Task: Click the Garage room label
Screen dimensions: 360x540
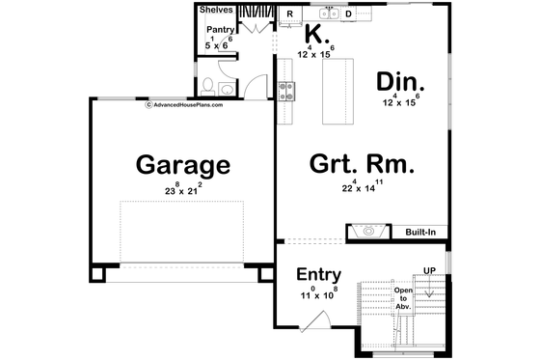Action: [182, 164]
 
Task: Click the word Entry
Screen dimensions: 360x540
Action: [319, 275]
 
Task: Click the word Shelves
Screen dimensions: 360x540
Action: [216, 10]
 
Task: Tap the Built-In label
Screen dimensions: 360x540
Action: [420, 233]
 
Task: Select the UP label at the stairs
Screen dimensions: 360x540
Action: [431, 269]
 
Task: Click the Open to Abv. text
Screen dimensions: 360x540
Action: [402, 298]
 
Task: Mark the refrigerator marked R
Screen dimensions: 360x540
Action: [289, 13]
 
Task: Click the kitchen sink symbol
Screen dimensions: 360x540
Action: [328, 13]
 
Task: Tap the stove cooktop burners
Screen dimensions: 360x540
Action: [285, 92]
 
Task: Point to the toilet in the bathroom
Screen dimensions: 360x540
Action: [224, 90]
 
